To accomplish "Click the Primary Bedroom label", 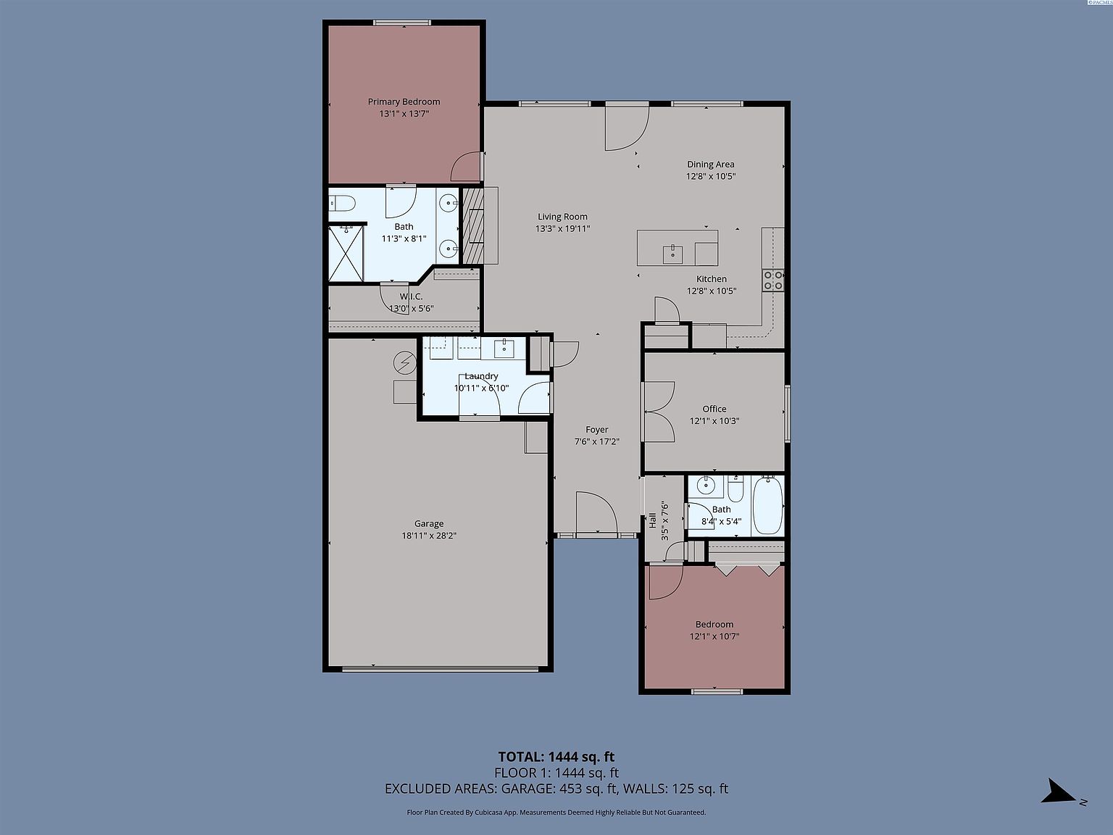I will coord(404,102).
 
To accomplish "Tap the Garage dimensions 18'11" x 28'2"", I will coord(429,536).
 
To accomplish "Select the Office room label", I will coord(714,409).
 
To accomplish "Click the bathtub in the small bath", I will coord(768,505).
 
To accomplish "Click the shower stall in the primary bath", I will coord(346,253).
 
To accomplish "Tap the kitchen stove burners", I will coord(773,280).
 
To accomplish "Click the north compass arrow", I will coord(1059,792).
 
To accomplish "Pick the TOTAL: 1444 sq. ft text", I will coord(556,757).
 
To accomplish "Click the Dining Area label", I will coord(710,165).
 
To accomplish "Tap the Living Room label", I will coord(562,217).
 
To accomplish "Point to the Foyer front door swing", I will coord(596,513).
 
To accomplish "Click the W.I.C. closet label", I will coord(411,296).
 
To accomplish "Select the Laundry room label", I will coord(481,376).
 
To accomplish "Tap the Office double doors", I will coord(659,412).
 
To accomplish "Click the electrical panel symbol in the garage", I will coord(404,361).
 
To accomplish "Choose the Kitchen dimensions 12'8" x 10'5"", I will coord(712,291).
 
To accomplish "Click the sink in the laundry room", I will coord(505,349).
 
